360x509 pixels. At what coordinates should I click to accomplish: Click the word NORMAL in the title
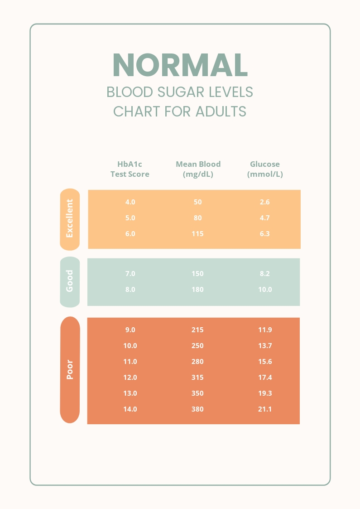(x=180, y=65)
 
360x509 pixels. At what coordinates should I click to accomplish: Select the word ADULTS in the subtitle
(x=221, y=111)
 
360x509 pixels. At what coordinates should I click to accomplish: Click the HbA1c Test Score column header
(x=130, y=169)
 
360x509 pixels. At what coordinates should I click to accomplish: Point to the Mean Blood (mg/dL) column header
(x=198, y=169)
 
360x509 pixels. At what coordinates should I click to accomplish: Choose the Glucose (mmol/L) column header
(x=265, y=169)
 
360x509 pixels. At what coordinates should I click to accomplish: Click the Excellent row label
(x=70, y=218)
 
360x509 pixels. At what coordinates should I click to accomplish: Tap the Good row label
(x=70, y=281)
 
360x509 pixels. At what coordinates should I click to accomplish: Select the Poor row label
(x=70, y=369)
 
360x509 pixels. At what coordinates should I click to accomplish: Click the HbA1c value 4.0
(x=130, y=202)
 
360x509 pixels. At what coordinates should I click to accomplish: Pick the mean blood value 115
(x=197, y=234)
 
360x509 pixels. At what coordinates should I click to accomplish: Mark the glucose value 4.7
(x=265, y=218)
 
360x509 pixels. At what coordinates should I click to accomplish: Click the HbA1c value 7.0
(x=130, y=274)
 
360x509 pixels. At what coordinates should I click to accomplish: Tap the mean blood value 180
(x=197, y=290)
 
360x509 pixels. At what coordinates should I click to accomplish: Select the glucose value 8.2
(x=265, y=274)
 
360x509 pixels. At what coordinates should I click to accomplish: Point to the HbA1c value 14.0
(x=130, y=409)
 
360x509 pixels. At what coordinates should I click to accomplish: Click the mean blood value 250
(x=197, y=346)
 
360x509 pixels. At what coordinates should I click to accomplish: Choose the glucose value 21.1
(x=265, y=409)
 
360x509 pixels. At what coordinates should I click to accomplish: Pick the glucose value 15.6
(x=265, y=362)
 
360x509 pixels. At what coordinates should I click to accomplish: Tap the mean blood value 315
(x=197, y=378)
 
